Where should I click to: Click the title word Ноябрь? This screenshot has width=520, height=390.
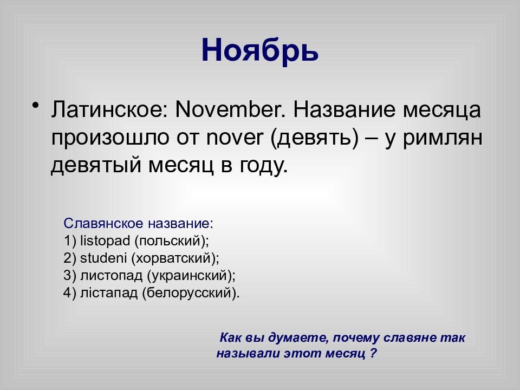click(x=259, y=51)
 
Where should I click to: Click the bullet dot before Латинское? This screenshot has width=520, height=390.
click(x=36, y=106)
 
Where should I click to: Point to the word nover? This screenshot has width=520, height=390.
click(x=235, y=138)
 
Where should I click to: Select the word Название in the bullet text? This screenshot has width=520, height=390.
click(x=344, y=109)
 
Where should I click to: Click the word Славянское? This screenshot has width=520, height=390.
click(x=103, y=224)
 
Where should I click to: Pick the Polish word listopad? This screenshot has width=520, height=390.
click(x=105, y=240)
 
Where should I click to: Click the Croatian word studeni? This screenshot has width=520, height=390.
click(x=103, y=258)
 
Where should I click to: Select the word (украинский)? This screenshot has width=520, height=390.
click(x=191, y=276)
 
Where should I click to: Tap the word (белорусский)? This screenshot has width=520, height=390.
click(x=191, y=293)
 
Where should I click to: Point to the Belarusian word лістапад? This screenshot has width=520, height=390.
click(x=109, y=293)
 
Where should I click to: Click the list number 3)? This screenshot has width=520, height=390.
click(x=70, y=276)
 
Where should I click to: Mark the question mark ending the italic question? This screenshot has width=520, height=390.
click(x=373, y=353)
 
